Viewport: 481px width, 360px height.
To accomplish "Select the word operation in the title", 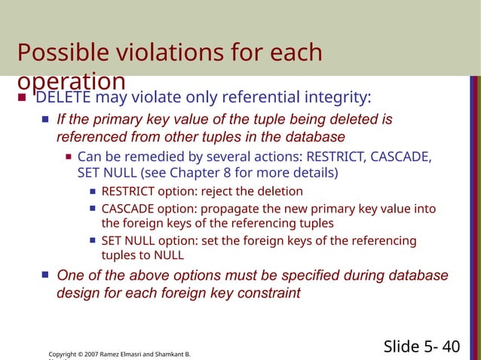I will point(71,81).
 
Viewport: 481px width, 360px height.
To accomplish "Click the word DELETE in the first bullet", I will point(64,98).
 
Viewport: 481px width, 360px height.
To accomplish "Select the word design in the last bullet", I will point(77,292).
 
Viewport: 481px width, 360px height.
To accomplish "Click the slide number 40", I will point(451,346).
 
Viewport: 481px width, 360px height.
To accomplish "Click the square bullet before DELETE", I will point(22,98).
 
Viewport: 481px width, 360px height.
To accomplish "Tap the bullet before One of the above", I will point(45,276).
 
